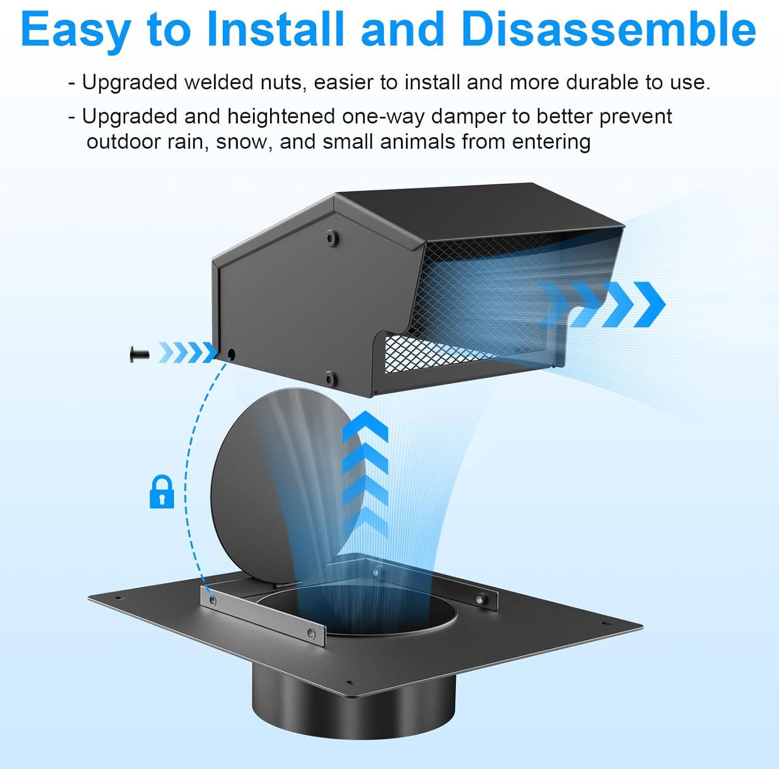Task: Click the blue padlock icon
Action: (162, 491)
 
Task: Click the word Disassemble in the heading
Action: (608, 30)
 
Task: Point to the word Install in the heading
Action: (275, 30)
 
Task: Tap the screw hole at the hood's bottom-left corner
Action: (231, 355)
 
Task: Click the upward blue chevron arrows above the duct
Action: (365, 473)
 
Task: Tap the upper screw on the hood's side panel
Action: (331, 238)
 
